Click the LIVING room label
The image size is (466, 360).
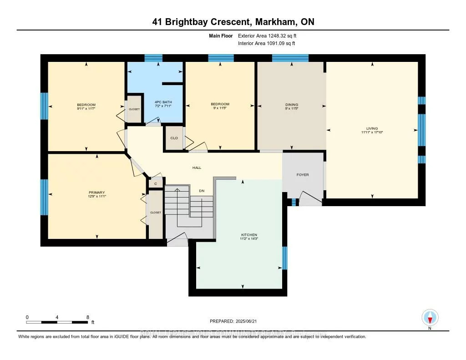[x=372, y=128]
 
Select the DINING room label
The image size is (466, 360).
[x=291, y=105]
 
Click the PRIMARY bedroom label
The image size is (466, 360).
[x=96, y=193]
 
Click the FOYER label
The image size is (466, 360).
[x=303, y=175]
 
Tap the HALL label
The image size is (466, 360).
[x=197, y=167]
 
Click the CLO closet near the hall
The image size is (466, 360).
[x=174, y=138]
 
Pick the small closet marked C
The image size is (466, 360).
[x=156, y=183]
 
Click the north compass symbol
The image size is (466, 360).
[x=430, y=317]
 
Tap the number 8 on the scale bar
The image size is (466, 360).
[x=87, y=317]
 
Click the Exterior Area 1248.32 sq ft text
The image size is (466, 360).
[x=270, y=35]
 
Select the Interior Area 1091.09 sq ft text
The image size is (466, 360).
[x=267, y=44]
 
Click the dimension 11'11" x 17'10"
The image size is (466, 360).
[x=372, y=132]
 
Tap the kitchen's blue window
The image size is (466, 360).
[x=285, y=258]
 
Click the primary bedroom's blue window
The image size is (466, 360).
[x=44, y=197]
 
